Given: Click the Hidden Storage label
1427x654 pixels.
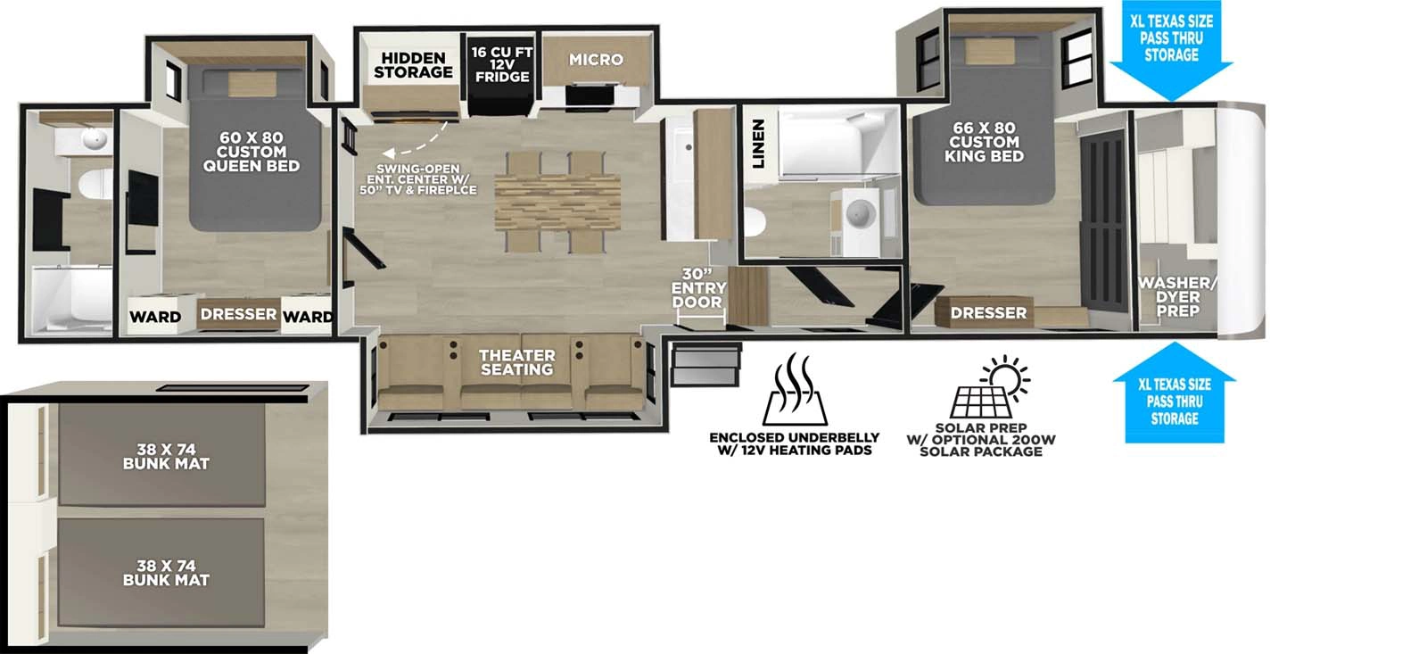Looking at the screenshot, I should (x=413, y=65).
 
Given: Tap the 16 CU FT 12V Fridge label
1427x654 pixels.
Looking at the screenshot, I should (x=502, y=65).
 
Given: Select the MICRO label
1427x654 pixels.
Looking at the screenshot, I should (x=596, y=60).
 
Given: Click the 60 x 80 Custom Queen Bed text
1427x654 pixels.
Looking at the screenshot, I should (x=252, y=152).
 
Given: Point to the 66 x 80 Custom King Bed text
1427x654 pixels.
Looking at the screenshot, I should (x=984, y=142).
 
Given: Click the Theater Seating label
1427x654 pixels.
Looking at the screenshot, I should (x=516, y=362).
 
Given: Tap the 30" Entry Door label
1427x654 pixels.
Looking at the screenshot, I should (x=698, y=288).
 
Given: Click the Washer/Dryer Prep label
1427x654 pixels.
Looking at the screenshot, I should (x=1177, y=297).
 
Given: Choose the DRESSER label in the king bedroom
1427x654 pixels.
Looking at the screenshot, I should (x=988, y=313).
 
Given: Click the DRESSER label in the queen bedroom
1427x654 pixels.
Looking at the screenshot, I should (x=238, y=314).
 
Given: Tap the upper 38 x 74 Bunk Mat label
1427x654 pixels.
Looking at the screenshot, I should (x=166, y=457).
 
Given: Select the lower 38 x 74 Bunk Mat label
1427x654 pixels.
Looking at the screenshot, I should (x=166, y=573).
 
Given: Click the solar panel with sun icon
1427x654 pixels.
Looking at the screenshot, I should (x=990, y=389).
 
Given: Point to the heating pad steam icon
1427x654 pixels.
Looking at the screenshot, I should (x=795, y=390).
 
